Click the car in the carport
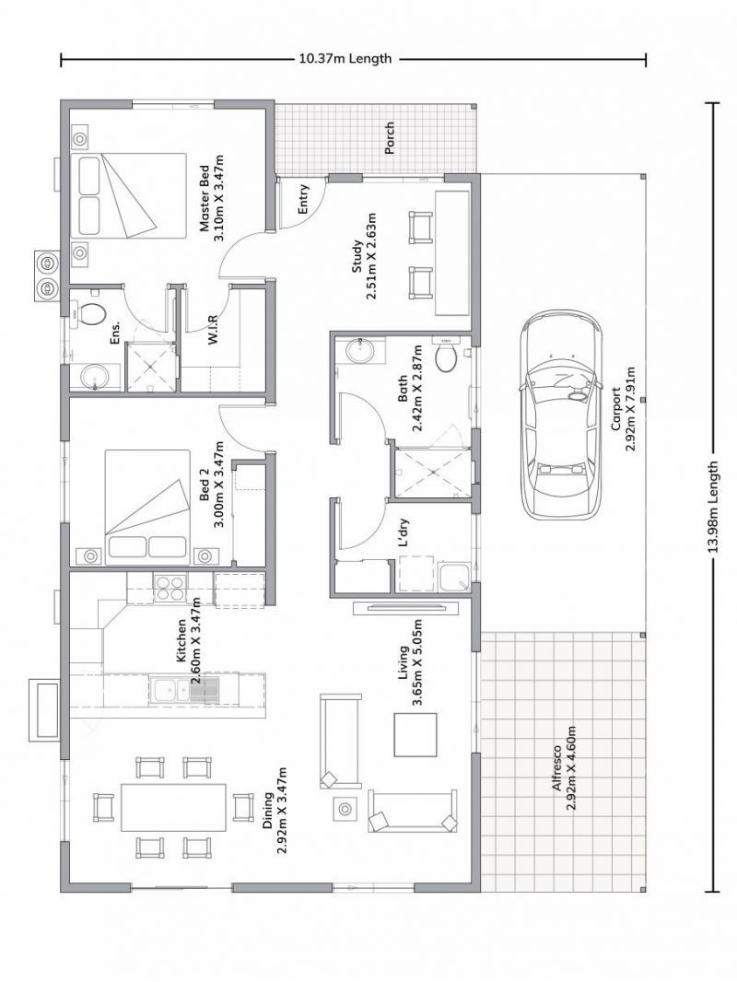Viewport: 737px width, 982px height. tap(560, 415)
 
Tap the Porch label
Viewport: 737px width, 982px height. tap(389, 138)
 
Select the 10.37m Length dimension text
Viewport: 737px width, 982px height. tap(345, 58)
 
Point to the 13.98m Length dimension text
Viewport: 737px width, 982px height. tap(712, 508)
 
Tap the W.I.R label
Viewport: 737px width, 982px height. tap(213, 329)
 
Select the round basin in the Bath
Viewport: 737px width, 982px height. tap(360, 350)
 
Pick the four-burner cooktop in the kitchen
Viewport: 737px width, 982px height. tap(170, 589)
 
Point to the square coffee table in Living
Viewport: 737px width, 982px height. tap(415, 734)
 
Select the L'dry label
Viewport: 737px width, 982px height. tap(404, 532)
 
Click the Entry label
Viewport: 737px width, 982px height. tap(304, 199)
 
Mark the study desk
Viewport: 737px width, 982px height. tap(452, 253)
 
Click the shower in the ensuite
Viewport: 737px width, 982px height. tap(151, 368)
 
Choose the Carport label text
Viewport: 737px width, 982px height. tap(615, 409)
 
